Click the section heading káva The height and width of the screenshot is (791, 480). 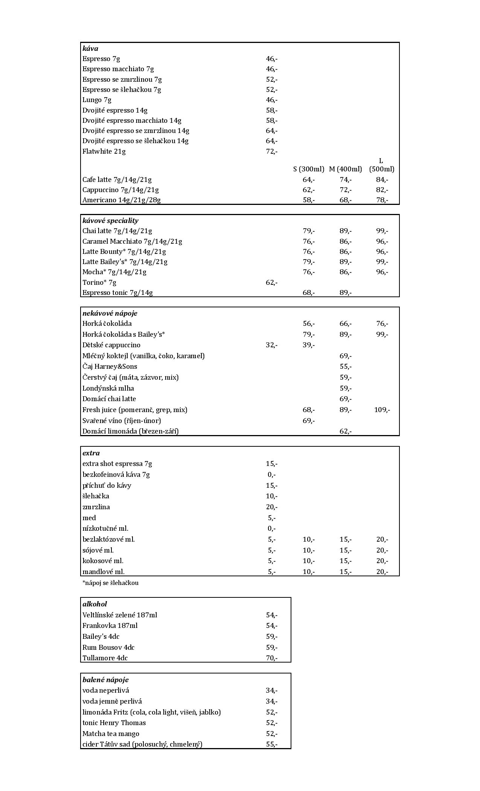pos(90,49)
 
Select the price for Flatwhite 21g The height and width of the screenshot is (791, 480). pos(271,151)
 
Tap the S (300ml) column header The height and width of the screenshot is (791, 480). pos(309,169)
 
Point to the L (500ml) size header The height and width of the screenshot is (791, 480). pos(381,165)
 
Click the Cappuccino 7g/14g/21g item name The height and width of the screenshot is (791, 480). pos(120,190)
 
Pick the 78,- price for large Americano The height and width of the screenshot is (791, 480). pos(382,200)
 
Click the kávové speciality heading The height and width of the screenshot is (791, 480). pos(110,221)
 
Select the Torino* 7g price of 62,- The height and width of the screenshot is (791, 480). pos(271,282)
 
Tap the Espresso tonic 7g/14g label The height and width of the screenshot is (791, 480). pos(117,293)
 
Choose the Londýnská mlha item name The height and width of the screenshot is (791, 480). pos(108,388)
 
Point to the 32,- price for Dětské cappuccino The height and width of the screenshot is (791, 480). pos(271,345)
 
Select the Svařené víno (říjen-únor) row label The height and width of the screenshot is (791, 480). pos(122,421)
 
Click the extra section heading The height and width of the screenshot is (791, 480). pos(91,453)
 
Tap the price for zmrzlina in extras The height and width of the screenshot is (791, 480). pos(271,507)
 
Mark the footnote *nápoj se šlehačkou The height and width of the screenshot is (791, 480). pos(110,583)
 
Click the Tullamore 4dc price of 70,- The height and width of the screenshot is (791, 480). pos(271,658)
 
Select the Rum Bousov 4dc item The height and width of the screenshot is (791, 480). pos(108,647)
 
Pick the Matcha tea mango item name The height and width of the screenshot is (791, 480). pos(111,734)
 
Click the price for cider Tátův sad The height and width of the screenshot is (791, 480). pos(271,744)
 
